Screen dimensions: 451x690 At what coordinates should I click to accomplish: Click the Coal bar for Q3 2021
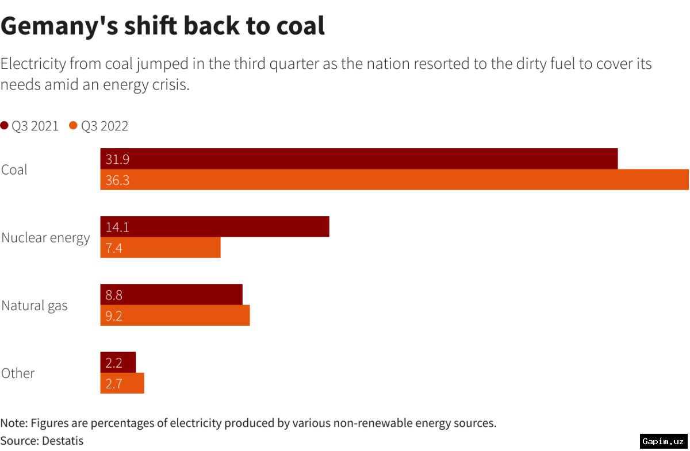[x=359, y=159]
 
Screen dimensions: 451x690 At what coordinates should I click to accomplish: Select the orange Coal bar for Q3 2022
[x=394, y=180]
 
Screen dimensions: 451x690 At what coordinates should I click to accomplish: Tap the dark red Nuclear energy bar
[x=214, y=227]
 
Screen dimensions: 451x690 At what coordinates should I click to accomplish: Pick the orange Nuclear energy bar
[x=160, y=248]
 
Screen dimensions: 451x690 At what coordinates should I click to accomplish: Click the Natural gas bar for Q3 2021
[x=171, y=295]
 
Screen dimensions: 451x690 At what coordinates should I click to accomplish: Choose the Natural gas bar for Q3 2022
[x=175, y=315]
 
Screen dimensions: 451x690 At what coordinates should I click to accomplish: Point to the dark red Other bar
[x=118, y=363]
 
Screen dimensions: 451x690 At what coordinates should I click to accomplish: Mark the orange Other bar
[x=122, y=383]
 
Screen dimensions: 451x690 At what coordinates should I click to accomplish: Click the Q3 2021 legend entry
[x=30, y=126]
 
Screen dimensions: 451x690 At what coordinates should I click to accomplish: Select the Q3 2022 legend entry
[x=99, y=126]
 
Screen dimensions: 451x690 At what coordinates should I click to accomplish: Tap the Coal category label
[x=14, y=170]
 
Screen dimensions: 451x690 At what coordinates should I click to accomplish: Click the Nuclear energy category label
[x=45, y=238]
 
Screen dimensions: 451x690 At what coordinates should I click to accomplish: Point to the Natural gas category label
[x=34, y=306]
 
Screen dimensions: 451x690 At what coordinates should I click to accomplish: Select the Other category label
[x=18, y=373]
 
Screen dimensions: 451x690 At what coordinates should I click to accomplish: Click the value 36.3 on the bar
[x=117, y=180]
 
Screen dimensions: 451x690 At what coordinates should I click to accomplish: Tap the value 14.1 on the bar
[x=117, y=228]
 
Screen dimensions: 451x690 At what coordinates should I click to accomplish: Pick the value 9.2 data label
[x=114, y=316]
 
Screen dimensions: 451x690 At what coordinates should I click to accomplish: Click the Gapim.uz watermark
[x=664, y=441]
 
